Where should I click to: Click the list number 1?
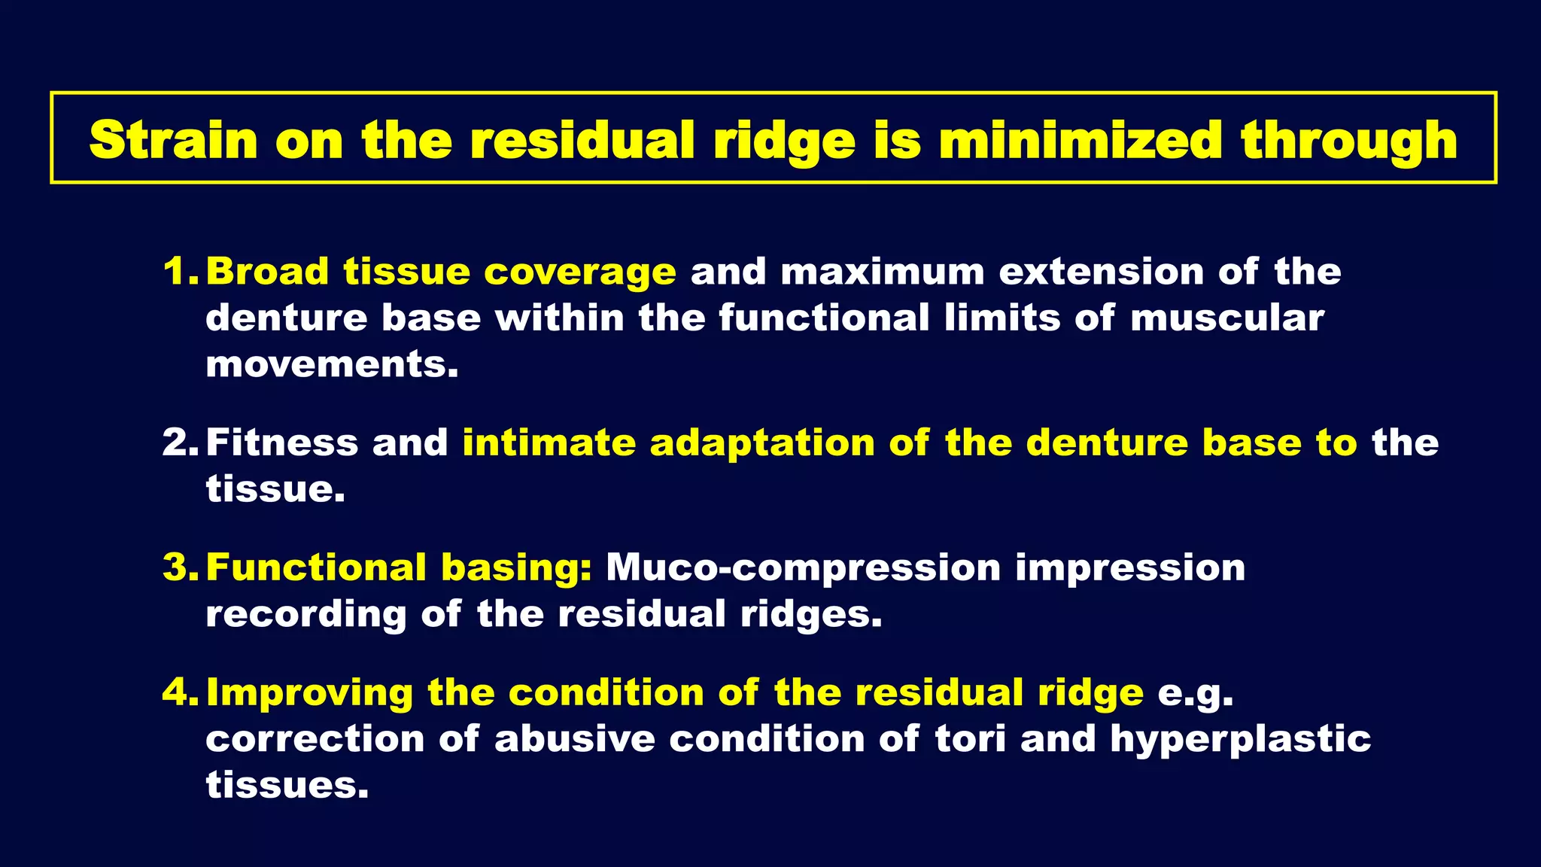pos(180,271)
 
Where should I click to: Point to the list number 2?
pos(180,442)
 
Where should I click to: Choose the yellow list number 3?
pos(180,567)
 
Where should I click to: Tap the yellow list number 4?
pos(180,692)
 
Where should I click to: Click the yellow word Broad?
pos(267,271)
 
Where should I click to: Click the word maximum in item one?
pos(882,271)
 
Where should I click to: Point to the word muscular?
pos(1226,318)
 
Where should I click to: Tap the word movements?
pos(331,364)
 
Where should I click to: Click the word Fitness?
pos(281,442)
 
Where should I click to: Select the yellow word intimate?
pos(549,442)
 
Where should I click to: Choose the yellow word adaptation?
pos(761,443)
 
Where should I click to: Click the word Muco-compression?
pos(803,568)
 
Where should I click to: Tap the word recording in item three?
pos(305,615)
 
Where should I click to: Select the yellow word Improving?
pos(309,693)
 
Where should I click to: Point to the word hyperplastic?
pos(1240,740)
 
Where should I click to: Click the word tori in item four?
pos(970,738)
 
